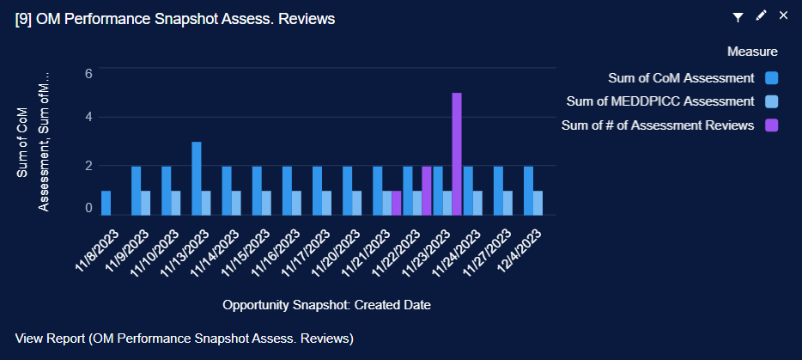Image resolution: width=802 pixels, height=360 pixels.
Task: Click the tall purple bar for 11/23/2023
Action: [x=457, y=154]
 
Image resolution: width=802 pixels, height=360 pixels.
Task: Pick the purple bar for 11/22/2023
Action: [x=427, y=190]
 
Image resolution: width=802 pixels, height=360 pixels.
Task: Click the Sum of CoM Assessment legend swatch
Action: [x=771, y=78]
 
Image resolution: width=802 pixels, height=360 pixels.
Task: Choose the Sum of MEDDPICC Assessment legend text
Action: [x=660, y=101]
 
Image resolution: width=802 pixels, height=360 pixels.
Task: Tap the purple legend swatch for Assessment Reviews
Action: [x=771, y=125]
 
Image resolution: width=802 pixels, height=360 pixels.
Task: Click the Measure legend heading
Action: [x=752, y=52]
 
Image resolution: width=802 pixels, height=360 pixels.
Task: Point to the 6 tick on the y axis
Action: [x=88, y=74]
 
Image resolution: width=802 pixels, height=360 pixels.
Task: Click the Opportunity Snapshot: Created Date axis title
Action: [x=326, y=305]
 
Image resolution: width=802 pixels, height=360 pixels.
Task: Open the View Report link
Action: [x=185, y=339]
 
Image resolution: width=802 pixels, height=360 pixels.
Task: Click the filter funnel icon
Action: [x=738, y=16]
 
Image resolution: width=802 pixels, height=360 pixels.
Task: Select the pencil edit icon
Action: [x=760, y=16]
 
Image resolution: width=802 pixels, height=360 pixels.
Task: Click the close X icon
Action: [x=782, y=15]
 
